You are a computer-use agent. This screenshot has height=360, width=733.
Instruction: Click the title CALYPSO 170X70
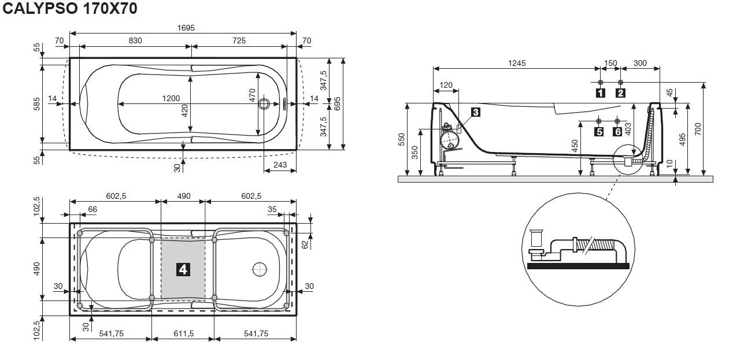(x=70, y=8)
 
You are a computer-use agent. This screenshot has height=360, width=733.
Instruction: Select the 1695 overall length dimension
(x=186, y=28)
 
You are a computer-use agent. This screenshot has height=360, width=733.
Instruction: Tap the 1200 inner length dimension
(x=171, y=98)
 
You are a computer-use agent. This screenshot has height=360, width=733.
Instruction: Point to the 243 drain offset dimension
(x=280, y=165)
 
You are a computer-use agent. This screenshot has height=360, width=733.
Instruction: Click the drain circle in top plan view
(x=264, y=104)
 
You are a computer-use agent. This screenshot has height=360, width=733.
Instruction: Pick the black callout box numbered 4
(x=183, y=270)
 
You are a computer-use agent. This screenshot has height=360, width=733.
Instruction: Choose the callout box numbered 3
(x=476, y=112)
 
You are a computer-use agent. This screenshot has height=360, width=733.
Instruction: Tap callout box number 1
(x=600, y=93)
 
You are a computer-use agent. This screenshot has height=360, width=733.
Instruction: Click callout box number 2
(x=620, y=93)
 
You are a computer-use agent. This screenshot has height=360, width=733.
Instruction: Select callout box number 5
(x=599, y=132)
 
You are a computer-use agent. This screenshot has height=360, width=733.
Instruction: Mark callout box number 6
(x=617, y=132)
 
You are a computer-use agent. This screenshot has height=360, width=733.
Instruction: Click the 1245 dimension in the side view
(x=517, y=63)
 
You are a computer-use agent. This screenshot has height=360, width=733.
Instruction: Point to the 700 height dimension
(x=698, y=129)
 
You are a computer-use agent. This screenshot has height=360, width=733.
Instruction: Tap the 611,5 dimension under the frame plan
(x=184, y=333)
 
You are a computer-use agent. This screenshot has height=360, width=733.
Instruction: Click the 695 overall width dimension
(x=338, y=104)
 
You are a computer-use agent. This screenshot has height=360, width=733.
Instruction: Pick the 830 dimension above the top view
(x=135, y=40)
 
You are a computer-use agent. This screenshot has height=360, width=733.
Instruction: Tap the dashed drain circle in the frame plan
(x=260, y=270)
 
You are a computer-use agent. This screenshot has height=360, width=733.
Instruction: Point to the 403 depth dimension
(x=628, y=129)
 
